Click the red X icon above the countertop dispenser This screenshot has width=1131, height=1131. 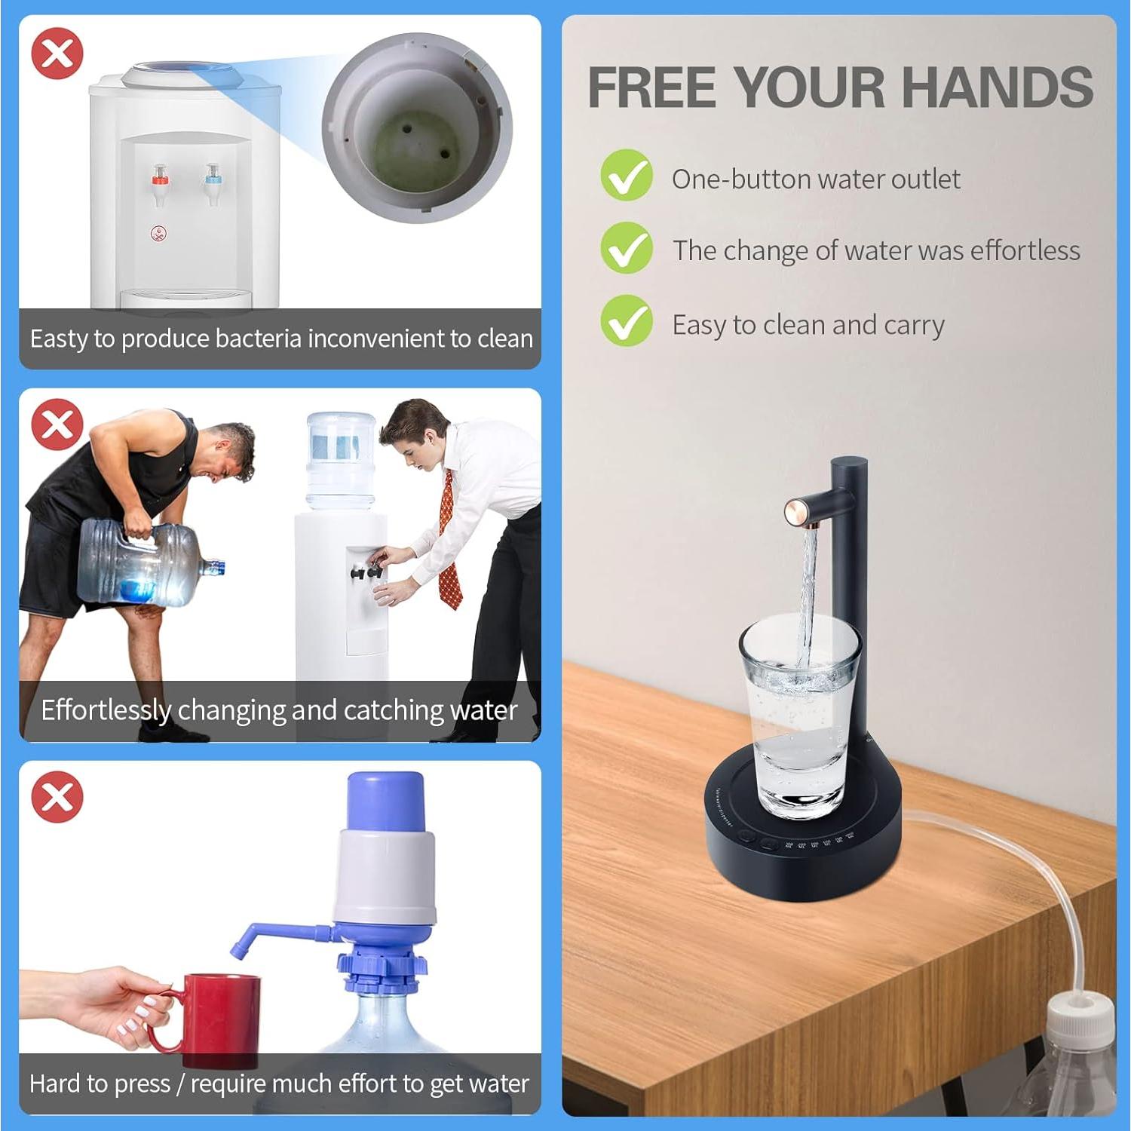[x=57, y=54]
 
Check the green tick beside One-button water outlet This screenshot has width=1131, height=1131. [x=626, y=176]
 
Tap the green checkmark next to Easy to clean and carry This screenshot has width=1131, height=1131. [x=626, y=321]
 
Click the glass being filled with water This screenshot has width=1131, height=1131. [x=799, y=716]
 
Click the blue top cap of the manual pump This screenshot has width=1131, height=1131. [x=385, y=802]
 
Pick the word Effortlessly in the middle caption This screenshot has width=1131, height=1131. [x=106, y=710]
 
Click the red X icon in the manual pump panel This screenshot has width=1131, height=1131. [x=57, y=797]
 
